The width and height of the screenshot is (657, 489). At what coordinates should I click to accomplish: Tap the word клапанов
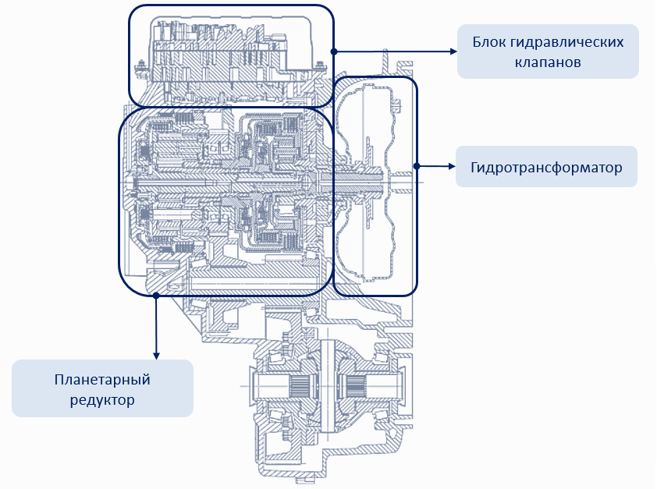click(x=548, y=61)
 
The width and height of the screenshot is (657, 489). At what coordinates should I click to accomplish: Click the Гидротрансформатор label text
click(x=546, y=168)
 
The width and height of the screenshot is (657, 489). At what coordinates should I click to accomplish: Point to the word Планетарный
click(x=101, y=380)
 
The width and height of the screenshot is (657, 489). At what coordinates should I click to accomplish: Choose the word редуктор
click(x=101, y=400)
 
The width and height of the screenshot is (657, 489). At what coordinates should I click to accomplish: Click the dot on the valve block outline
click(x=333, y=51)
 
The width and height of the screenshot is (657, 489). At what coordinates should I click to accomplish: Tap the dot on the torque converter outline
click(x=417, y=165)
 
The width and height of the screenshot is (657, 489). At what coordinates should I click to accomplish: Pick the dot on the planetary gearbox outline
click(x=157, y=295)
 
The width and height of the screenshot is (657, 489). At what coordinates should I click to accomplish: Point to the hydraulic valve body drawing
click(x=226, y=55)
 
